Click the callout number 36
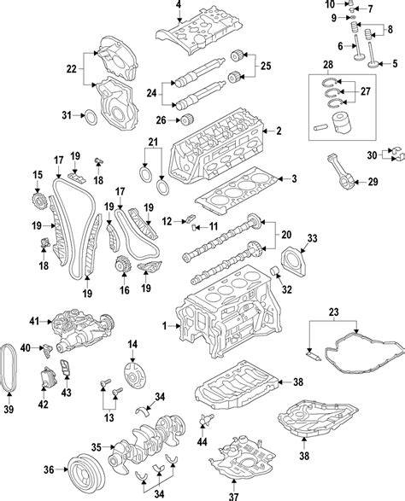coord(49,469)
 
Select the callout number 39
coord(9,409)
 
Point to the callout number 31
coord(67,114)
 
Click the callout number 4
coord(179,4)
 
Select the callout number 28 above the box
coord(328,65)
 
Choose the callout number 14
coord(132,344)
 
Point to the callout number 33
coord(312,238)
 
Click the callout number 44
coord(202,441)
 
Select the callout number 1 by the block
coord(164,326)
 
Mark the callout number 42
coord(44,405)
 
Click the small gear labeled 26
coord(186,120)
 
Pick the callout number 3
coord(294,179)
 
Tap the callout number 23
coord(334,312)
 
